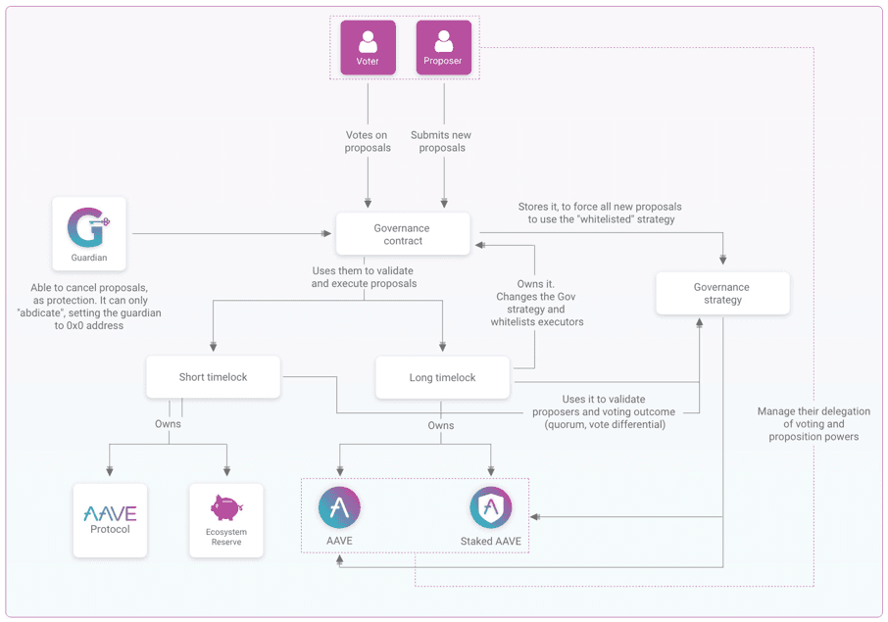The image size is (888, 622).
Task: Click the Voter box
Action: pyautogui.click(x=368, y=48)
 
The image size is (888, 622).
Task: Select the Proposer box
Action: pyautogui.click(x=444, y=48)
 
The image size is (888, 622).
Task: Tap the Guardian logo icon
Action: pyautogui.click(x=88, y=227)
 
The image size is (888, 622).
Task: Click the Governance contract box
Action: pyautogui.click(x=403, y=234)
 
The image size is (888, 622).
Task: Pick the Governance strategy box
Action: pyautogui.click(x=722, y=294)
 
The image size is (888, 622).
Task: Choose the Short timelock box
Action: pyautogui.click(x=213, y=377)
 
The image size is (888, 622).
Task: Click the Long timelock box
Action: pyautogui.click(x=442, y=377)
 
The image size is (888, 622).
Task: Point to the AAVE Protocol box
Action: pyautogui.click(x=110, y=520)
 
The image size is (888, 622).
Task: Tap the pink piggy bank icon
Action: pyautogui.click(x=225, y=506)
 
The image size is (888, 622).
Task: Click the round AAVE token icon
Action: pyautogui.click(x=339, y=507)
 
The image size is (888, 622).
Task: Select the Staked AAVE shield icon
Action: pyautogui.click(x=490, y=507)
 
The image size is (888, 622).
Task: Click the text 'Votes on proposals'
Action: pyautogui.click(x=368, y=141)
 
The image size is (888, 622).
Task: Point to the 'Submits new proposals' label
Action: pyautogui.click(x=444, y=141)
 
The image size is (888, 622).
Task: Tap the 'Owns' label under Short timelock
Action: pyautogui.click(x=169, y=424)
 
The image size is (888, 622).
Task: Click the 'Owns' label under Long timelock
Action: pyautogui.click(x=441, y=425)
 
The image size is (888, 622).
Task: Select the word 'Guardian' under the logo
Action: pyautogui.click(x=88, y=259)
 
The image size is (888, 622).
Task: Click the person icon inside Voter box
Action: pyautogui.click(x=368, y=41)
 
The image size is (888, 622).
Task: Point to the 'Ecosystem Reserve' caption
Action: pyautogui.click(x=225, y=537)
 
